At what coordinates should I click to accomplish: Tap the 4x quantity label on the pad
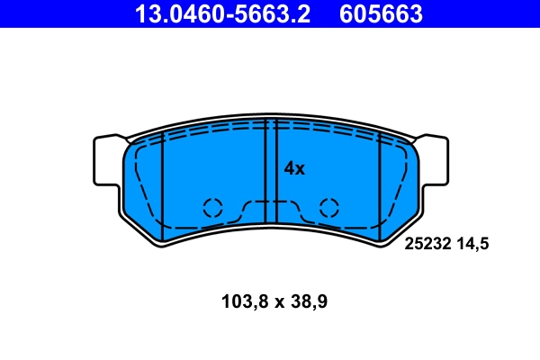click(294, 168)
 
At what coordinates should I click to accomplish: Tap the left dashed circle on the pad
click(212, 207)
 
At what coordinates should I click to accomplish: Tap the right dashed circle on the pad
click(328, 207)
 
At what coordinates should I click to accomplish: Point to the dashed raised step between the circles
click(270, 202)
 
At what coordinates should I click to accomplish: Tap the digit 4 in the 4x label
click(289, 168)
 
